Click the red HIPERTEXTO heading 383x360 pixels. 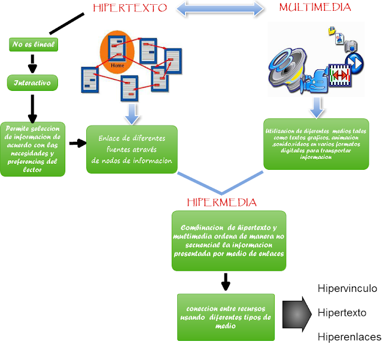129,8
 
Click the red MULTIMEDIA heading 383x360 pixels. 315,8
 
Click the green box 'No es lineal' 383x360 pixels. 32,44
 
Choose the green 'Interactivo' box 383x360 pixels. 32,82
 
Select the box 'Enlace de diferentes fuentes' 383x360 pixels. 132,149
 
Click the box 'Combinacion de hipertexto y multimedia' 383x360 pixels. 229,240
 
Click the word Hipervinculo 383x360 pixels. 347,289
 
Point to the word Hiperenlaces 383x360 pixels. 349,337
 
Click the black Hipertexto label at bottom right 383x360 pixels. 341,313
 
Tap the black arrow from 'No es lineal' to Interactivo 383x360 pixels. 32,63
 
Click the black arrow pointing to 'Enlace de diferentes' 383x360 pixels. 77,144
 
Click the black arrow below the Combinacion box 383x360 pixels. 226,281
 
